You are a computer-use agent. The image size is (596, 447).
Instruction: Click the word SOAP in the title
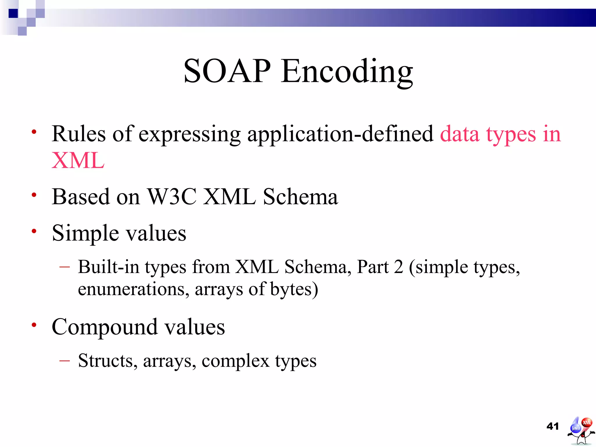tap(227, 71)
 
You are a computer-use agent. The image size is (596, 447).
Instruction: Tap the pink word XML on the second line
tap(78, 160)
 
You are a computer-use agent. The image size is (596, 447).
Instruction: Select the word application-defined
tap(340, 134)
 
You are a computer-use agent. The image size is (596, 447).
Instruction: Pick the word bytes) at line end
tap(294, 289)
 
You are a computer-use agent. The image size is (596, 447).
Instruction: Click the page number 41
tap(553, 426)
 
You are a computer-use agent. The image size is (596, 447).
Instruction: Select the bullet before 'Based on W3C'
tap(34, 194)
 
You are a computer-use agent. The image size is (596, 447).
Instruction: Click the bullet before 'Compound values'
tap(34, 324)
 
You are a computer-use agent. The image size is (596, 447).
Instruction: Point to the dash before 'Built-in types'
tap(64, 267)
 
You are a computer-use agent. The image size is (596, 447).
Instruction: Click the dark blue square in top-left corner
tap(13, 13)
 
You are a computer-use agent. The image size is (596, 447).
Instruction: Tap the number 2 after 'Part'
tap(398, 267)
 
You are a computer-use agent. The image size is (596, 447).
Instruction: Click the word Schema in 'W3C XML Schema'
tap(300, 197)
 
